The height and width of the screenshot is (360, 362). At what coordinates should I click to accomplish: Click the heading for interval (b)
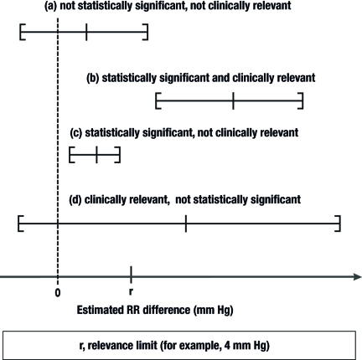point(201,78)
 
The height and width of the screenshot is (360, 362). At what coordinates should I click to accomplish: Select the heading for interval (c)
point(185,133)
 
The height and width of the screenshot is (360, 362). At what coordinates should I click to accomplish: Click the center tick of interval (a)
point(86,33)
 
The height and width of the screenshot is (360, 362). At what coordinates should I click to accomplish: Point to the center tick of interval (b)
point(233,101)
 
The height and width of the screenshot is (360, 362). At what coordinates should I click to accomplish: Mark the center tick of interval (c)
point(96,154)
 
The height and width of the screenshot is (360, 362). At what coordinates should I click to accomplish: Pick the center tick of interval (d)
point(185,223)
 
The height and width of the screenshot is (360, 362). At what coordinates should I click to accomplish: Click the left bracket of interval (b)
point(158,101)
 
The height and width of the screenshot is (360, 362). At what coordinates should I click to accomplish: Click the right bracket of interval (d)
point(338,223)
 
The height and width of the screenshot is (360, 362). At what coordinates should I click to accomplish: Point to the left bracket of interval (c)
point(71,154)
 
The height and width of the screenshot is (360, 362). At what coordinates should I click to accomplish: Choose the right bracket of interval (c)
point(119,154)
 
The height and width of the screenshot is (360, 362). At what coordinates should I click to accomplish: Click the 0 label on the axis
point(57,292)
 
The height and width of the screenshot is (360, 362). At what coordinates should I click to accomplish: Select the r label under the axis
point(131,292)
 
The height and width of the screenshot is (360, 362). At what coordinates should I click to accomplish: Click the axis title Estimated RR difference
point(154,311)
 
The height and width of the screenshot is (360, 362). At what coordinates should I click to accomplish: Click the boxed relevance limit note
point(181,344)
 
